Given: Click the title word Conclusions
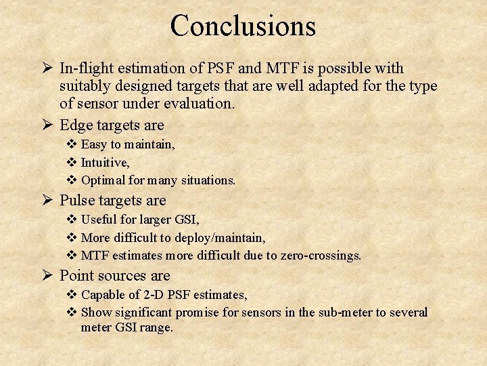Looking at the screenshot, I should point(243,26).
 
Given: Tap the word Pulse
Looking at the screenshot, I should point(76,201).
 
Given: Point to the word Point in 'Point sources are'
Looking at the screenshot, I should point(76,276).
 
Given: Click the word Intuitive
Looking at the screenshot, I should point(105,163).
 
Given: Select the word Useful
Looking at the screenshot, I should point(99,220).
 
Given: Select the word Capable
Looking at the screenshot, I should point(101,295).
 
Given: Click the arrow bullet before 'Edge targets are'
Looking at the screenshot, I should point(47,125).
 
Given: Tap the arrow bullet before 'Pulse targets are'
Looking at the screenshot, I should point(47,201).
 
